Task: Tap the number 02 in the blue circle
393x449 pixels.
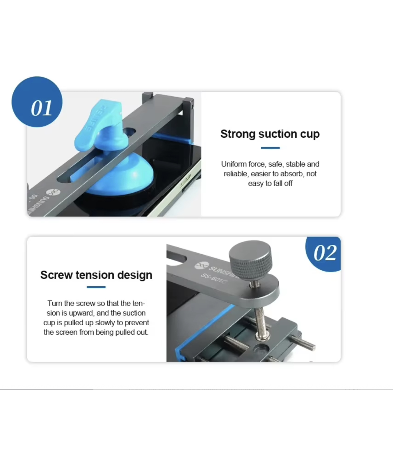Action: click(x=325, y=253)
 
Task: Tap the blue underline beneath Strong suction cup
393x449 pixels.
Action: click(x=270, y=148)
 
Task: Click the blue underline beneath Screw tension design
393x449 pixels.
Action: click(x=96, y=287)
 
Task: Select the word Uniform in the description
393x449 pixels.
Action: click(x=234, y=164)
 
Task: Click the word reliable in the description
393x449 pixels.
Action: click(x=236, y=174)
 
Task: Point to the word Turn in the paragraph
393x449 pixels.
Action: click(x=55, y=303)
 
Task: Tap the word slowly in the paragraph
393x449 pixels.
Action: click(x=105, y=323)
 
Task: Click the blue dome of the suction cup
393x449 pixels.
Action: click(x=119, y=175)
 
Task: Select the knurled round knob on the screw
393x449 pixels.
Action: click(x=250, y=257)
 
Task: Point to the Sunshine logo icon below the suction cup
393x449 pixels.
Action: click(x=53, y=192)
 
